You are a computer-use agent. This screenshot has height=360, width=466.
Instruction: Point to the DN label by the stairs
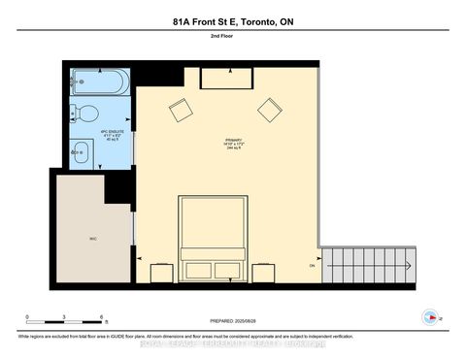click(x=313, y=265)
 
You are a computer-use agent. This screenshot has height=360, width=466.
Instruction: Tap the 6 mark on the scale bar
click(x=102, y=317)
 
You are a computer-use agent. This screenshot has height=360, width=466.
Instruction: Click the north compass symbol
click(x=429, y=316)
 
